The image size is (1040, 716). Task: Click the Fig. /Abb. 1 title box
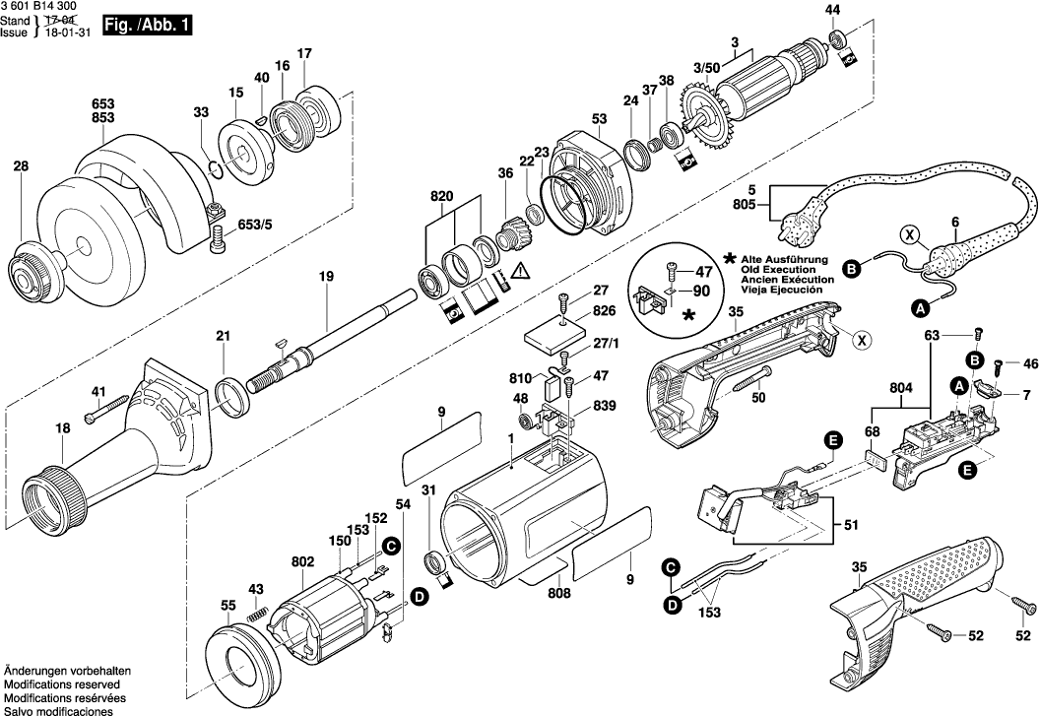(x=148, y=26)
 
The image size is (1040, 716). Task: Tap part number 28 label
(x=22, y=165)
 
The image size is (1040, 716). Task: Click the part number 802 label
(x=303, y=562)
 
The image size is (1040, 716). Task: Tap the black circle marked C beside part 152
(x=392, y=547)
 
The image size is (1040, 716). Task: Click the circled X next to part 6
(x=910, y=234)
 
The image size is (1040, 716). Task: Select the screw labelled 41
(x=106, y=409)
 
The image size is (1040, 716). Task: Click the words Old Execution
(x=778, y=270)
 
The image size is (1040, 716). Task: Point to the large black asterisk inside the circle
(x=689, y=316)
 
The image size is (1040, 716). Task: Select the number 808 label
(x=558, y=593)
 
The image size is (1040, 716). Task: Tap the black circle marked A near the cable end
(x=919, y=308)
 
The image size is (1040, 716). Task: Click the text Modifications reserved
(x=62, y=684)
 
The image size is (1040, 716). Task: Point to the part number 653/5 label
(x=255, y=225)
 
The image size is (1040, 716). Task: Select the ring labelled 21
(x=231, y=397)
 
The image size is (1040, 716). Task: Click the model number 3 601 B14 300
(x=38, y=7)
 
